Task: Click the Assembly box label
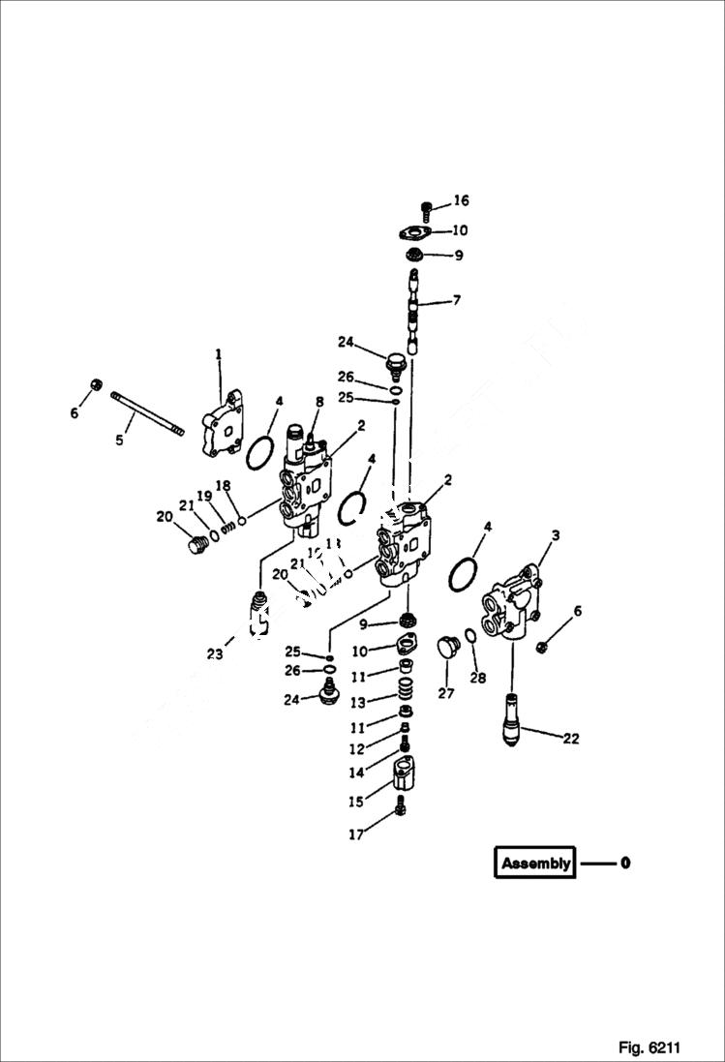point(535,863)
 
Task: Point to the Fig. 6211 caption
point(649,1047)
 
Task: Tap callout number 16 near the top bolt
point(461,200)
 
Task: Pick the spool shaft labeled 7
point(414,310)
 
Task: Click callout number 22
point(570,739)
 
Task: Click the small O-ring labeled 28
point(469,636)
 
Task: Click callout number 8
point(318,402)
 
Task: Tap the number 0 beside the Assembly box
point(625,863)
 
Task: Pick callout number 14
point(358,772)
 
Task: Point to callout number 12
point(357,748)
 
